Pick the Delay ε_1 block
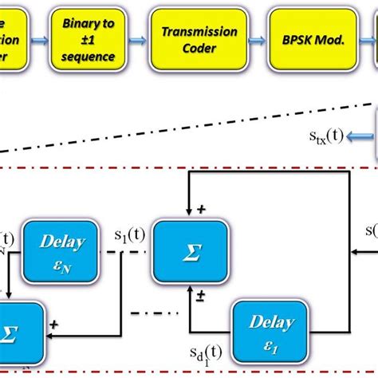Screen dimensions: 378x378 262,329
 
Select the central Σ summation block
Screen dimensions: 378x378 190,248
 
